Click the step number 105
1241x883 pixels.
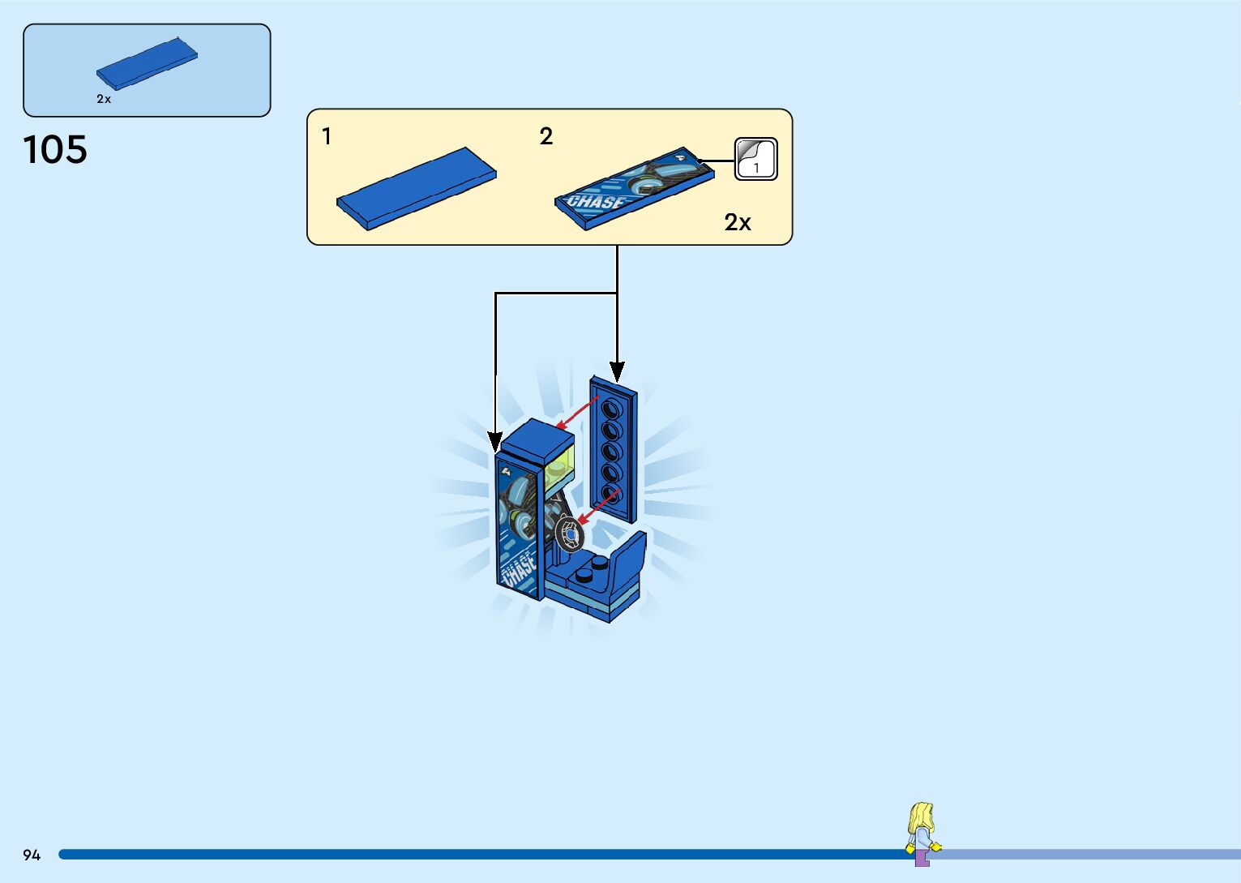[x=55, y=150]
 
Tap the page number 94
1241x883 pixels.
[x=32, y=855]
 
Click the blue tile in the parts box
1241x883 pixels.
[x=147, y=63]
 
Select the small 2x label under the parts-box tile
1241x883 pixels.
[x=104, y=99]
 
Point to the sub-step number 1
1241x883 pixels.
[x=327, y=136]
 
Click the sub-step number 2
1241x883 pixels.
[x=546, y=136]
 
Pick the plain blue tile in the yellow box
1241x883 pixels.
[x=417, y=188]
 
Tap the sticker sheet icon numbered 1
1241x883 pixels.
[x=755, y=159]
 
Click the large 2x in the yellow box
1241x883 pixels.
[x=738, y=222]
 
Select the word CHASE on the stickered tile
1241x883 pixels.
[x=597, y=202]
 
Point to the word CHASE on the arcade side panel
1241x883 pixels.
[x=519, y=569]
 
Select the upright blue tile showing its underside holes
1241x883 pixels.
[x=614, y=450]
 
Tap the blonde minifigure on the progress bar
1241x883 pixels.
[x=922, y=833]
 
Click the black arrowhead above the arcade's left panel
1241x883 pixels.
[x=495, y=443]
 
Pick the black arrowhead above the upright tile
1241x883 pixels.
[x=617, y=372]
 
